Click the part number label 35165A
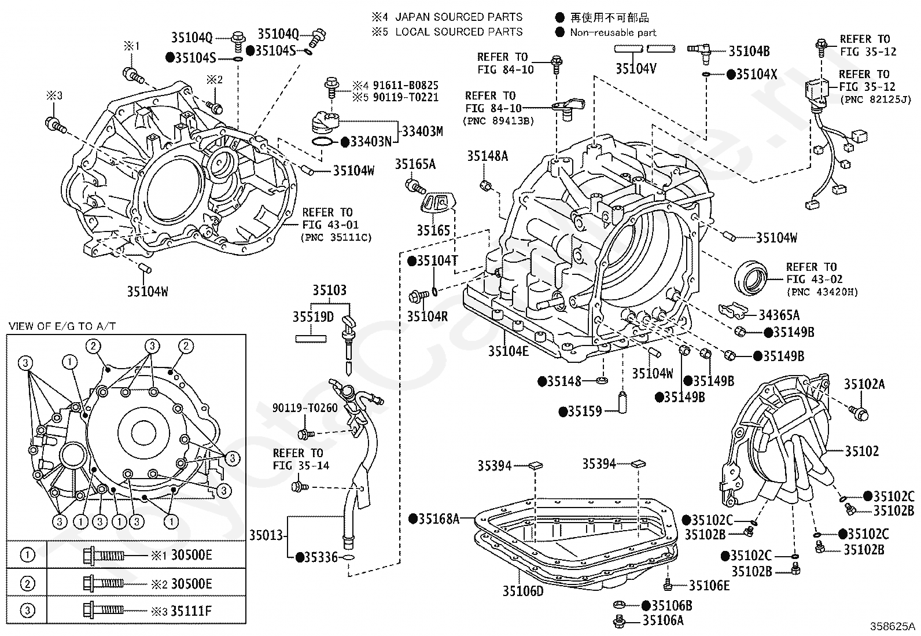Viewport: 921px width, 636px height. click(415, 164)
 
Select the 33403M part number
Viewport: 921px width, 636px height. click(422, 132)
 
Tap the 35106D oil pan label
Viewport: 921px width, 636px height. click(523, 591)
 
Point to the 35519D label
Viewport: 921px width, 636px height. click(313, 317)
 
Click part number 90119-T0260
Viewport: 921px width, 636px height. click(305, 408)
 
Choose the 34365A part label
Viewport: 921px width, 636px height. click(779, 315)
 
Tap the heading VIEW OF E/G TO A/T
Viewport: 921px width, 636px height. click(62, 326)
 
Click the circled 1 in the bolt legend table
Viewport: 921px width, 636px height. click(27, 556)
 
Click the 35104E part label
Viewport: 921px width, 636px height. click(508, 351)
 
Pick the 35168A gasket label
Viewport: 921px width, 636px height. click(438, 519)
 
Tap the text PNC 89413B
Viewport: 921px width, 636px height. click(498, 121)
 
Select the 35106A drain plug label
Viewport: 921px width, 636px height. click(663, 621)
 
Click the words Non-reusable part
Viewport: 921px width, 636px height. click(613, 33)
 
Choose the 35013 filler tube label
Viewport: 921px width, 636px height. click(267, 535)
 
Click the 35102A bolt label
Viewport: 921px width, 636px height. click(864, 384)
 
